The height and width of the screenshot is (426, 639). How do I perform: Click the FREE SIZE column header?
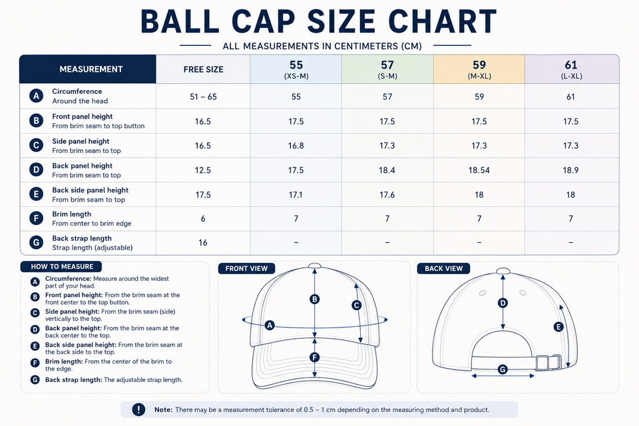(x=204, y=69)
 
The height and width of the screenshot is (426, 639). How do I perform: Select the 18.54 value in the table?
(x=479, y=170)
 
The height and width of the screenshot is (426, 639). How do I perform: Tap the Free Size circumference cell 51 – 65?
(x=204, y=97)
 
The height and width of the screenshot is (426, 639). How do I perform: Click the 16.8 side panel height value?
(x=296, y=146)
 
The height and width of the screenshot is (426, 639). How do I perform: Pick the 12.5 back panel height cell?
(x=203, y=170)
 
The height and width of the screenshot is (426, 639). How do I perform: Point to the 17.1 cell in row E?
(x=296, y=195)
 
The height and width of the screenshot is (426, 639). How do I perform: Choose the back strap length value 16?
(x=203, y=242)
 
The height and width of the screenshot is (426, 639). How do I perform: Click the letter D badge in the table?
(x=36, y=170)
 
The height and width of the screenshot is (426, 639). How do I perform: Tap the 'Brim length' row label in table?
(x=72, y=214)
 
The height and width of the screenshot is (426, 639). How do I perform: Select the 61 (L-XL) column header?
(x=571, y=69)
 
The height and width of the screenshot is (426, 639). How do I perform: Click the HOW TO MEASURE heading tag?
(x=62, y=267)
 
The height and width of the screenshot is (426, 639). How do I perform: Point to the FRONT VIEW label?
(x=246, y=269)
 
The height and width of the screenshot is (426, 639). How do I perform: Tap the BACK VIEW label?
(x=444, y=269)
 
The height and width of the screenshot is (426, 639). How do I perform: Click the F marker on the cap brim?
(x=315, y=357)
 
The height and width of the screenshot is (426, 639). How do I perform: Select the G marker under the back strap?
(x=503, y=369)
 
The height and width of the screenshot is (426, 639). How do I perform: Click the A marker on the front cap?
(x=270, y=325)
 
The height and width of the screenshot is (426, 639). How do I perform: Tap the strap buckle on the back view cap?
(x=548, y=362)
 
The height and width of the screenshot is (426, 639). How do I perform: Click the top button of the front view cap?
(x=315, y=266)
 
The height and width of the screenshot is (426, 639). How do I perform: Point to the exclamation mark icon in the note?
(x=138, y=410)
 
